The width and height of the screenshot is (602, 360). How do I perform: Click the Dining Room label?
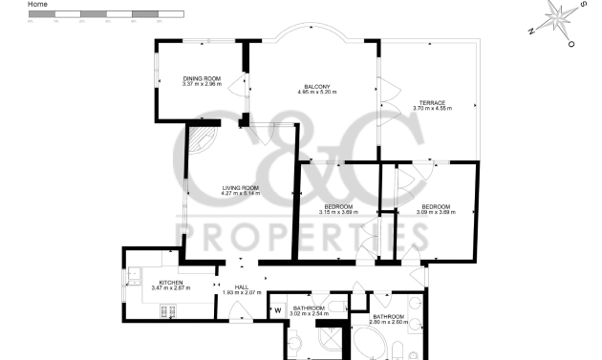coord(202,78)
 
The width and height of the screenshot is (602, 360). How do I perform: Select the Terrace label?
coord(433,103)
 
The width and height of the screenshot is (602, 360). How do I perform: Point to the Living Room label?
coord(241,187)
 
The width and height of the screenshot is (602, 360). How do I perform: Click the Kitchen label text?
coord(171,282)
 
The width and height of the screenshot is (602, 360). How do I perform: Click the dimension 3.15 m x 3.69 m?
coord(338,212)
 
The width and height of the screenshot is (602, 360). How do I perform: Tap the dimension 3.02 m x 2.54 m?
coord(310,312)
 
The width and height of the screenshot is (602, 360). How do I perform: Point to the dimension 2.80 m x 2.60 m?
coord(389,322)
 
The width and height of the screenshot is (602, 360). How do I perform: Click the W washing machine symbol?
coord(278,309)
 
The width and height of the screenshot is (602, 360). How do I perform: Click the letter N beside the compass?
coord(531,32)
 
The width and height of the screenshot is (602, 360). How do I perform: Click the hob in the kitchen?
coord(170,310)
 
